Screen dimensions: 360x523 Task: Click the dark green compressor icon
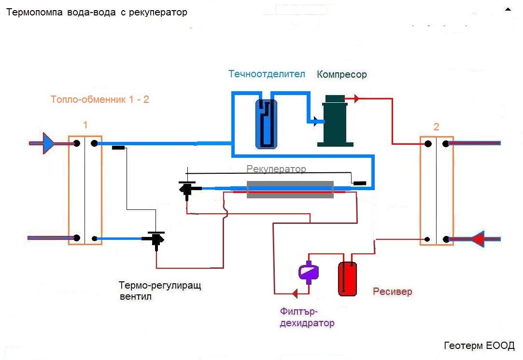pyautogui.click(x=335, y=121)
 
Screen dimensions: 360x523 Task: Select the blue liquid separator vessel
pyautogui.click(x=266, y=124)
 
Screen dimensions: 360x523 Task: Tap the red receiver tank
pyautogui.click(x=347, y=278)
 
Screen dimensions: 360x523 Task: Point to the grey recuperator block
pyautogui.click(x=290, y=189)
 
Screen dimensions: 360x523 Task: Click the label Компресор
pyautogui.click(x=342, y=74)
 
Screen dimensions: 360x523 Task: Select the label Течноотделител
pyautogui.click(x=267, y=74)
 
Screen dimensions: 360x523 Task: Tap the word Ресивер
pyautogui.click(x=393, y=292)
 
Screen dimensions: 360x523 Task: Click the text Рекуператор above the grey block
pyautogui.click(x=276, y=169)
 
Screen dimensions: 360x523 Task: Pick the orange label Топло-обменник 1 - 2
pyautogui.click(x=99, y=100)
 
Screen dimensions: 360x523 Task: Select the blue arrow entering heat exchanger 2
pyautogui.click(x=477, y=239)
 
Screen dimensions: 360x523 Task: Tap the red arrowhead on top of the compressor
pyautogui.click(x=356, y=99)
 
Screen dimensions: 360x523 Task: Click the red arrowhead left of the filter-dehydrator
pyautogui.click(x=294, y=293)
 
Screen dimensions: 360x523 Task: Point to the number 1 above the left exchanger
pyautogui.click(x=85, y=125)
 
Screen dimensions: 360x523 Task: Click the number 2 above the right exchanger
pyautogui.click(x=437, y=127)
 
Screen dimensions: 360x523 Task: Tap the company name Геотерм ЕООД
pyautogui.click(x=479, y=346)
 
